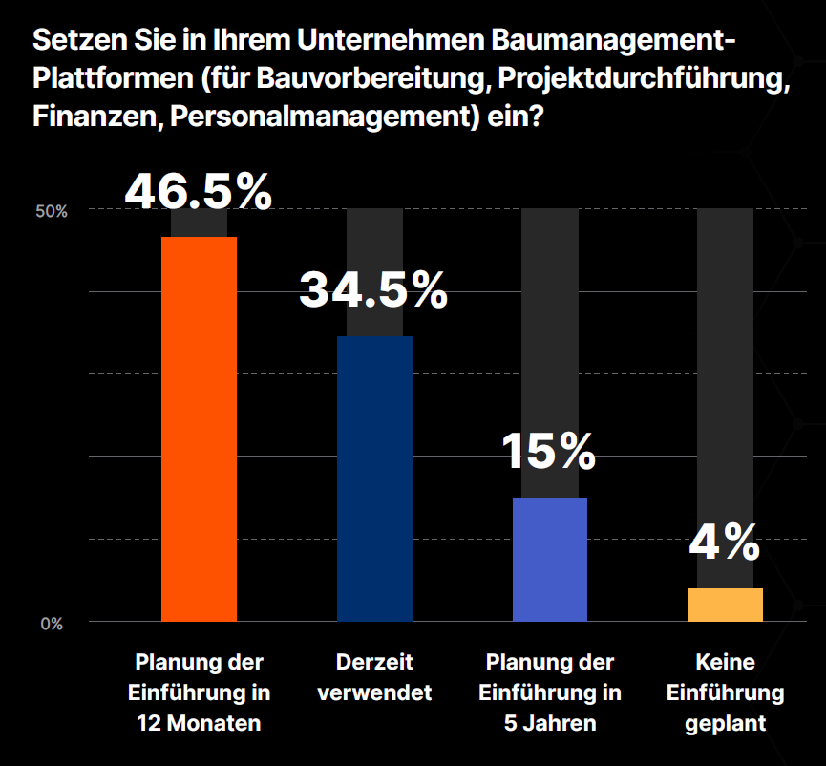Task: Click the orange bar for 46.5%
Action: tap(199, 429)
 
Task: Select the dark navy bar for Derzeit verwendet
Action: tap(374, 479)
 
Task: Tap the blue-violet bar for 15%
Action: tap(550, 559)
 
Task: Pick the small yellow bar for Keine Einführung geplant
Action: tap(725, 605)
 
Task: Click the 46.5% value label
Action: tap(199, 190)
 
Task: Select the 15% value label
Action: tap(549, 451)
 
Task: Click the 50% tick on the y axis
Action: tap(52, 211)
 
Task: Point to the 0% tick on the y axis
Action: tap(52, 625)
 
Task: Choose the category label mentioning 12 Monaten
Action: tap(199, 692)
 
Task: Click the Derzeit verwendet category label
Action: tap(374, 677)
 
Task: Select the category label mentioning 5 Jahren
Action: tap(550, 692)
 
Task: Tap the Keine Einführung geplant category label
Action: tap(725, 692)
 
